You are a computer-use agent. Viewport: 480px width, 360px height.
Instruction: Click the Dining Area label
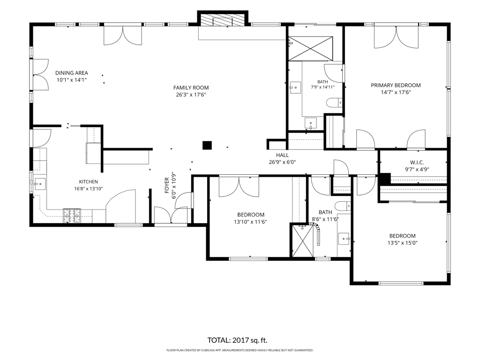click(x=72, y=73)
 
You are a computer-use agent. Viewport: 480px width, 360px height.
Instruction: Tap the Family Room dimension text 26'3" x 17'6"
click(x=191, y=95)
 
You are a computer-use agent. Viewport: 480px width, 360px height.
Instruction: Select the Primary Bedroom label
click(x=396, y=85)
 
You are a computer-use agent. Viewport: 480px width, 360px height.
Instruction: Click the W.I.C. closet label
click(x=417, y=163)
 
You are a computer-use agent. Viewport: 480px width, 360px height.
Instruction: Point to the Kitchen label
click(x=89, y=182)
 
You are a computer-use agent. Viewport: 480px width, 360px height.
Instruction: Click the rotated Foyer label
click(x=167, y=185)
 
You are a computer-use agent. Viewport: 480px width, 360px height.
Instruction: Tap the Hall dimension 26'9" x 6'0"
click(x=282, y=162)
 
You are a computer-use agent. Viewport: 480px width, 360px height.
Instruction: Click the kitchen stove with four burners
click(x=72, y=216)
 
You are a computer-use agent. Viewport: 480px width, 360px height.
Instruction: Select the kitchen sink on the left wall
click(x=39, y=184)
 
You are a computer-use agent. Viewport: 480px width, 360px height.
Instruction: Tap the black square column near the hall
click(x=207, y=145)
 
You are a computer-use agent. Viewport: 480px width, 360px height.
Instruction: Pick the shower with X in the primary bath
click(x=310, y=48)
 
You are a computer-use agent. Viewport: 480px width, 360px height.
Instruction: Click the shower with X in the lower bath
click(x=302, y=241)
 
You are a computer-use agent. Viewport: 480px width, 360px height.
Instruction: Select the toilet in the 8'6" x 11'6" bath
click(x=343, y=206)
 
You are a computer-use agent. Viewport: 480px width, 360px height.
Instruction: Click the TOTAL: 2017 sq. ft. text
click(x=237, y=340)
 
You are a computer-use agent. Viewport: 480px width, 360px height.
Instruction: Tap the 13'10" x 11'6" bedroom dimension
click(x=250, y=222)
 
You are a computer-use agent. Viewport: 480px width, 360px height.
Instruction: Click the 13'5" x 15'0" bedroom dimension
click(x=402, y=243)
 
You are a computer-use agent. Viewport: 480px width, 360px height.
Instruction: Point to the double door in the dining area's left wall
click(x=40, y=75)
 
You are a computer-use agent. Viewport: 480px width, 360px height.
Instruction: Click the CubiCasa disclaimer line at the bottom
click(x=240, y=350)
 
